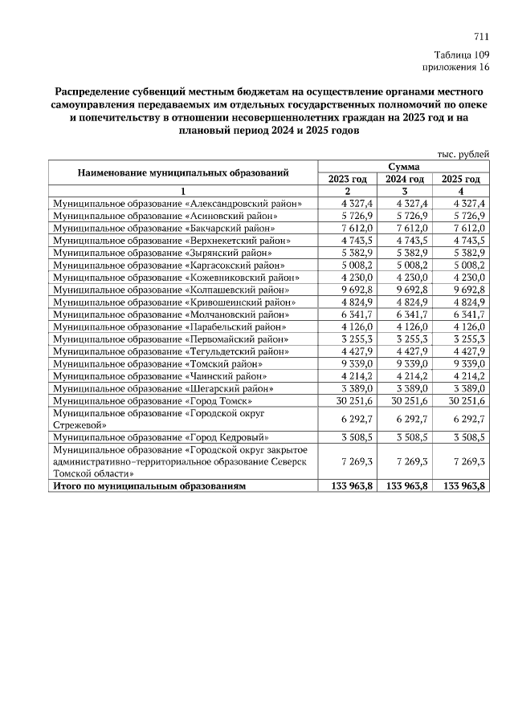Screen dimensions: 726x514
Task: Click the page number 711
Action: coord(481,37)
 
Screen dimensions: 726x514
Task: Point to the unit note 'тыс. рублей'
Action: coord(463,154)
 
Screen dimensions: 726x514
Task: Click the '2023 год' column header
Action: coord(349,179)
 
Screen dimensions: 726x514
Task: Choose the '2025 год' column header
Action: coord(462,179)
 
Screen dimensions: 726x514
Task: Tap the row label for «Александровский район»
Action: coord(177,204)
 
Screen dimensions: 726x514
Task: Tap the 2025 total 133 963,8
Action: coord(462,485)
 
